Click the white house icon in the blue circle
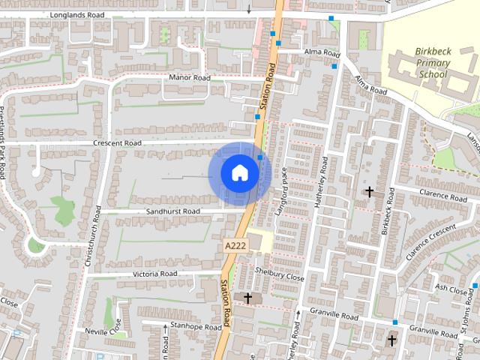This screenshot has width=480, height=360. click(240, 173)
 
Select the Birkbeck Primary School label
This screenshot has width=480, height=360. click(433, 63)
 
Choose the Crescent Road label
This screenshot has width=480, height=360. click(117, 142)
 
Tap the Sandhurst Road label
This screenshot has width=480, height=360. click(174, 211)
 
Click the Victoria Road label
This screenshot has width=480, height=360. click(155, 274)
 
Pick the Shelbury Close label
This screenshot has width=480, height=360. click(280, 276)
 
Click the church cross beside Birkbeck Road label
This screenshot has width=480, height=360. click(369, 193)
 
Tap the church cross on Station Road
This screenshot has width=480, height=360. click(247, 298)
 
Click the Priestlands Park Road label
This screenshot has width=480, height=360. click(3, 142)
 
